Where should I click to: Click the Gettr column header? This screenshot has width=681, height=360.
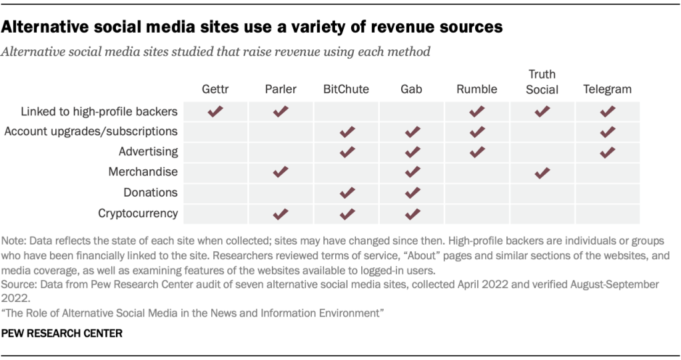click(x=215, y=89)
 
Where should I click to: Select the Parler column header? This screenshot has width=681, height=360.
click(x=281, y=89)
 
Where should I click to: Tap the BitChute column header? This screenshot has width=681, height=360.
click(x=346, y=89)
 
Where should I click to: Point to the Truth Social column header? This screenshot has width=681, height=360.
click(x=542, y=82)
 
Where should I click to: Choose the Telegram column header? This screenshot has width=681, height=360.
click(x=607, y=89)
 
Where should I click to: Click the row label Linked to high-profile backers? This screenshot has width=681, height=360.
click(x=99, y=111)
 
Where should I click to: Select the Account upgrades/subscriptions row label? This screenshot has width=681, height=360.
click(x=91, y=131)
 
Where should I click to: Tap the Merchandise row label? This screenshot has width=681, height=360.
click(x=143, y=172)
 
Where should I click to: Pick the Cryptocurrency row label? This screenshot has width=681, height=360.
click(x=138, y=213)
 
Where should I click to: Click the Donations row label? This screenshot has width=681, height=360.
click(x=151, y=193)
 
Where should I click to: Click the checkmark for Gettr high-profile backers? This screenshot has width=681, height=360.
click(x=215, y=112)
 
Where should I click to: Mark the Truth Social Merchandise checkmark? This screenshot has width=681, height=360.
click(x=542, y=173)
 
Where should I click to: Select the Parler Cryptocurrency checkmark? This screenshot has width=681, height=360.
click(x=281, y=214)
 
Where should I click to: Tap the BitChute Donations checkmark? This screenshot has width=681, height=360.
click(x=346, y=193)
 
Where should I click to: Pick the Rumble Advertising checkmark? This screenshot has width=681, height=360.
click(x=476, y=153)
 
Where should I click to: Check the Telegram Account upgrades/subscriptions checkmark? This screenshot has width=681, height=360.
click(x=607, y=132)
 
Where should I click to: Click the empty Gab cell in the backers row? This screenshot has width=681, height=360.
click(x=411, y=112)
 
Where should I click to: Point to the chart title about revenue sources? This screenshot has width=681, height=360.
click(x=253, y=27)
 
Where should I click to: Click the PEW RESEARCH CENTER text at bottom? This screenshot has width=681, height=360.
click(x=63, y=333)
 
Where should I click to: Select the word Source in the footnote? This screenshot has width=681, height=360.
click(x=18, y=284)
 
